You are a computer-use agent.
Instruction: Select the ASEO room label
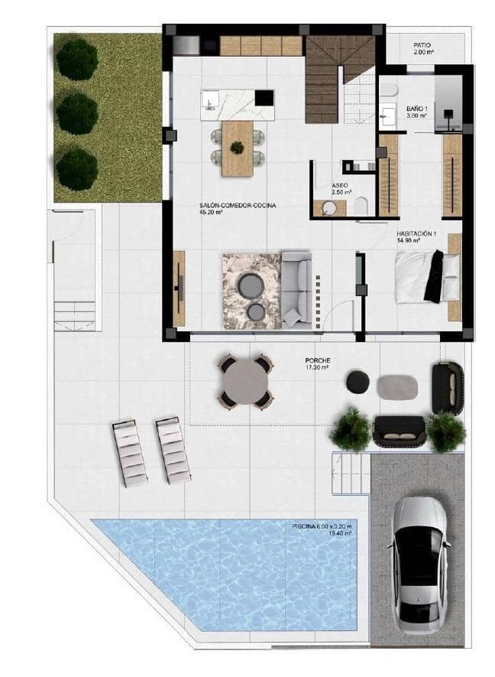(341, 186)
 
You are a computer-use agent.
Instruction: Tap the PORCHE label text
(315, 361)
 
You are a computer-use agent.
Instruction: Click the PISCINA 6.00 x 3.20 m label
(322, 526)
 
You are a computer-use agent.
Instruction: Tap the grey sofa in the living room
(296, 289)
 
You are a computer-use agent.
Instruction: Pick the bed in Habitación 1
(426, 276)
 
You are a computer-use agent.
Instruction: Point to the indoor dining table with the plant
(238, 147)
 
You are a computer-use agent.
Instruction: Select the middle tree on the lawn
(77, 113)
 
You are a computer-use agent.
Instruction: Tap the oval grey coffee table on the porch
(397, 386)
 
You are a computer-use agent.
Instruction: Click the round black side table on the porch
(357, 382)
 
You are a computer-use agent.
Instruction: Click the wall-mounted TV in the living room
(181, 288)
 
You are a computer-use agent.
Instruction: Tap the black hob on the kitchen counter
(264, 98)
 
